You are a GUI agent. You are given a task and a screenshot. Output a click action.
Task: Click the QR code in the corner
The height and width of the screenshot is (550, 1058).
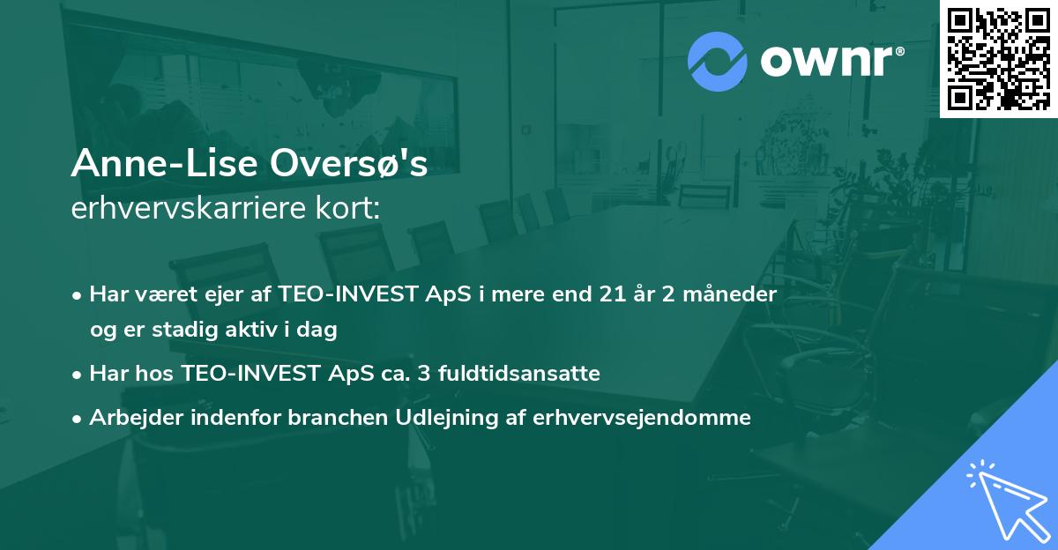[998, 58]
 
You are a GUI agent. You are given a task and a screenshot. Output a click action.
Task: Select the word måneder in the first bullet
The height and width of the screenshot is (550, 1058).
[731, 294]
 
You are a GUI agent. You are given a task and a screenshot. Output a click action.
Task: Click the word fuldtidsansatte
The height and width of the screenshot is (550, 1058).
[524, 374]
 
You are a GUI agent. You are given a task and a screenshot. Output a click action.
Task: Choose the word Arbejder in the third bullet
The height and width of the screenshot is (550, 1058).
[129, 418]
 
